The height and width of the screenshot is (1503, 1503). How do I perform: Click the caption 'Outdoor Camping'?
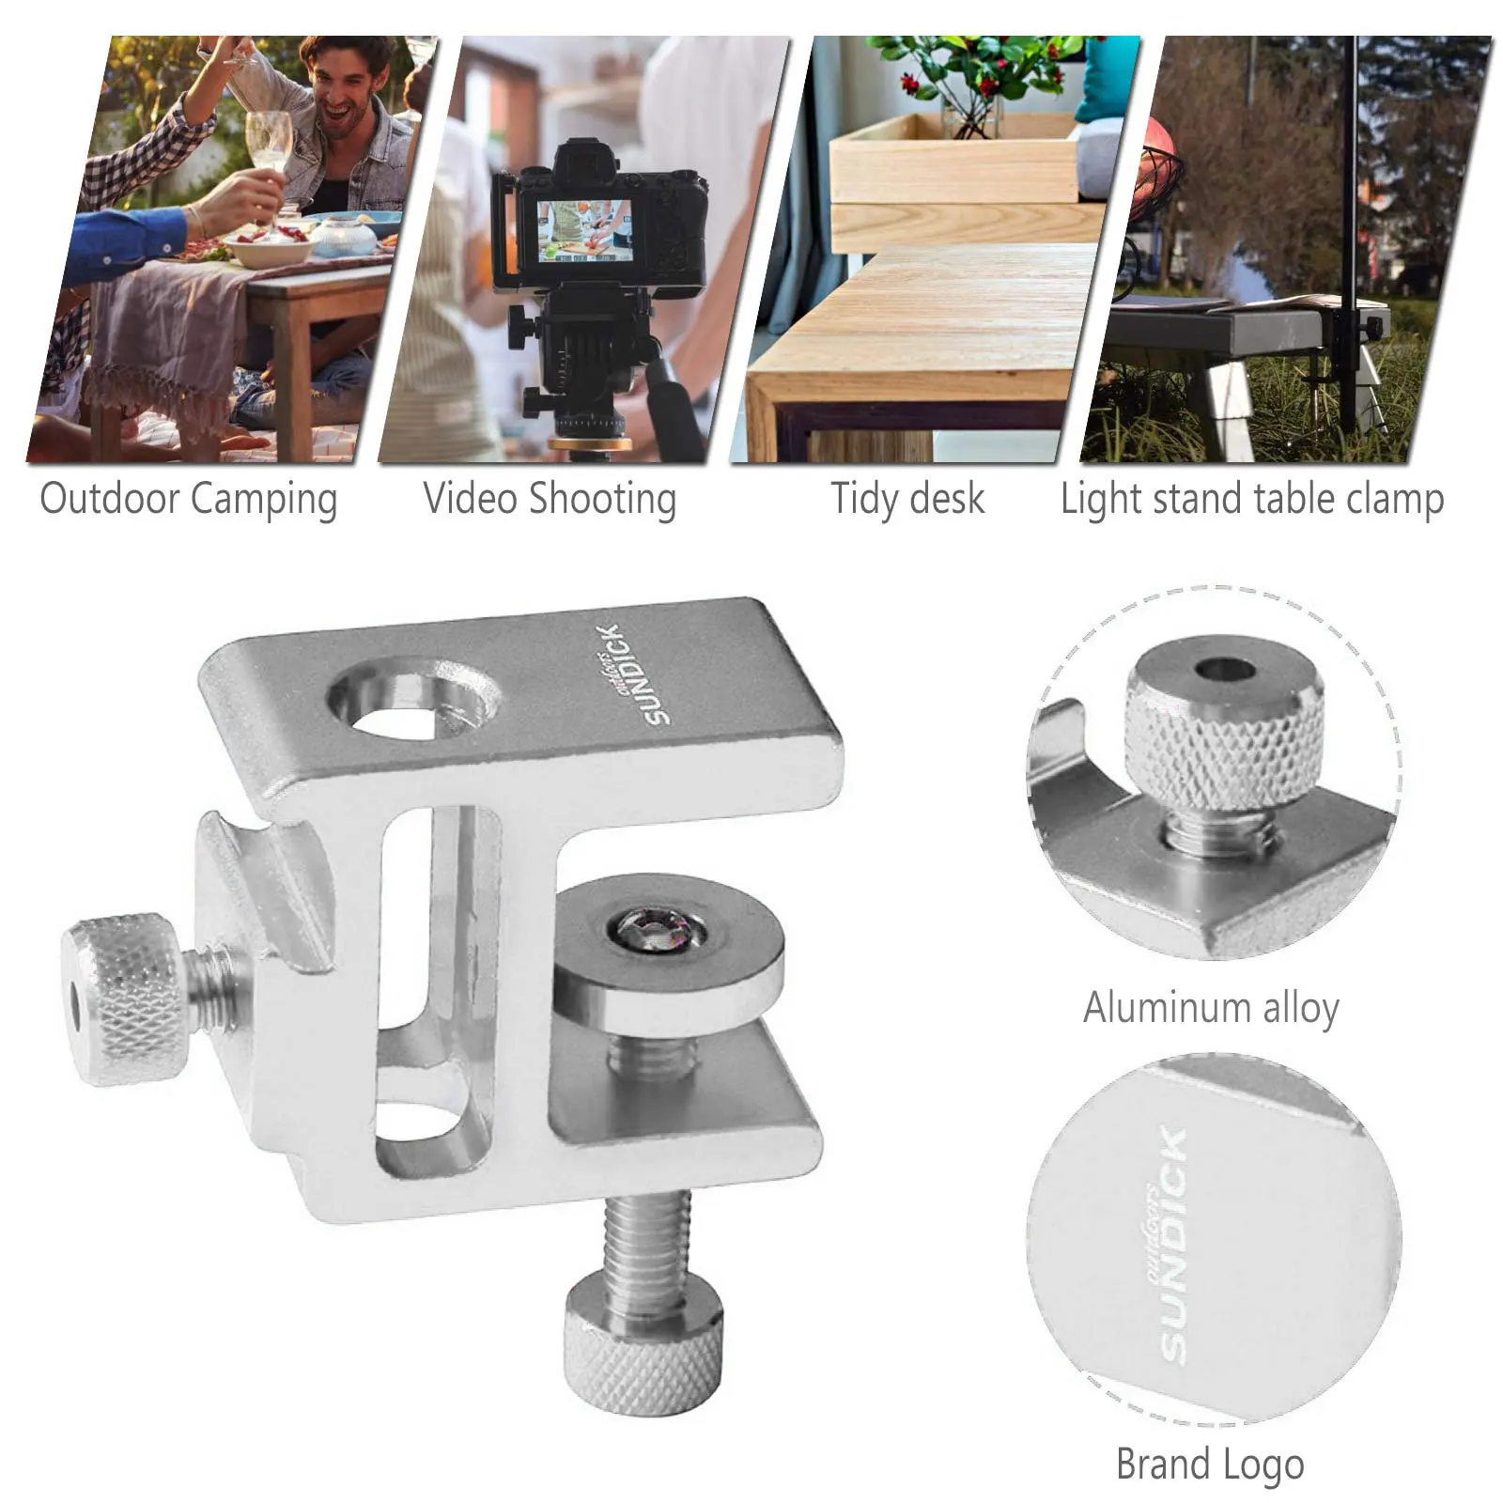pyautogui.click(x=188, y=499)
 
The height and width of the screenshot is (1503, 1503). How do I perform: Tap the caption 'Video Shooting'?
pyautogui.click(x=550, y=499)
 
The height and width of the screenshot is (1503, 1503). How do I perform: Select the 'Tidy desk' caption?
pyautogui.click(x=907, y=499)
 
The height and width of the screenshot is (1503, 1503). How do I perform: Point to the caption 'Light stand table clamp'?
pyautogui.click(x=1251, y=499)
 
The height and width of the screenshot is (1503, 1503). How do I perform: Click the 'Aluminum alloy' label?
pyautogui.click(x=1211, y=1008)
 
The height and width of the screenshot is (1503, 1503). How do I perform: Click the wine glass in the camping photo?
pyautogui.click(x=270, y=146)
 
